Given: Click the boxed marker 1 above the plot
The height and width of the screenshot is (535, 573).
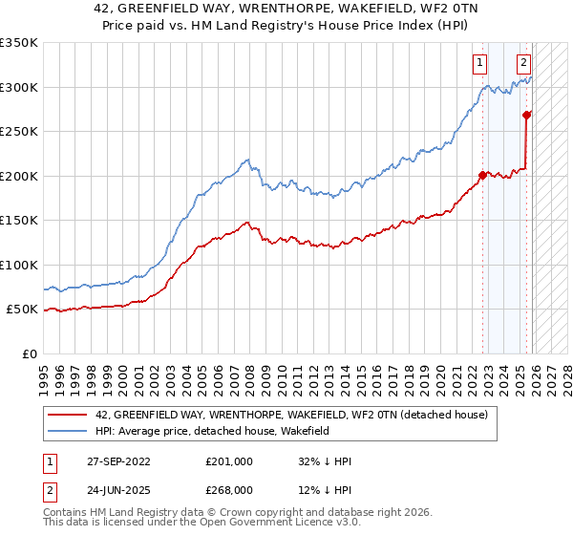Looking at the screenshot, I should pos(478,64).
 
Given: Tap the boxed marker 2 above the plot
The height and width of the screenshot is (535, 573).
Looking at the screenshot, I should pos(524,64).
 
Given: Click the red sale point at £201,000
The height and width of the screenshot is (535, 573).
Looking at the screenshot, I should pos(482,175).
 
